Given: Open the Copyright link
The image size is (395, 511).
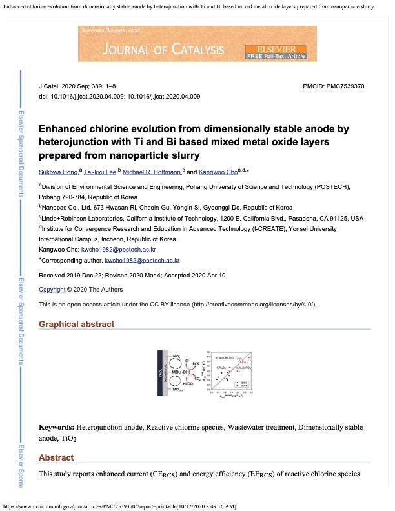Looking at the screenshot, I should (x=52, y=290).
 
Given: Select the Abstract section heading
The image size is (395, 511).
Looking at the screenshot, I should (x=57, y=457).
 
